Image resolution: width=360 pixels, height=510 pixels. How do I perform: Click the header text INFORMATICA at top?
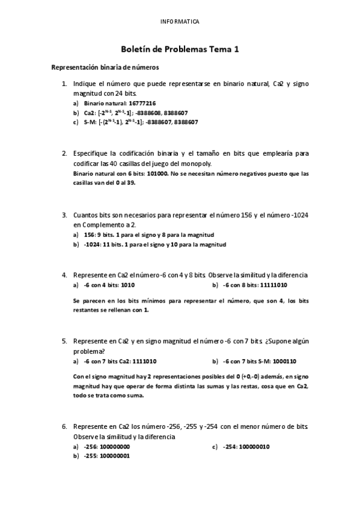[180, 22]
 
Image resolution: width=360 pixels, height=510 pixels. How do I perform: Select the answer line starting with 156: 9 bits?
[149, 235]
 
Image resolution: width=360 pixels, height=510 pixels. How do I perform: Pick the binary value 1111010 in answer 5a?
[144, 361]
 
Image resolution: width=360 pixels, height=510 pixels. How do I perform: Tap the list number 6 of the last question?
[64, 426]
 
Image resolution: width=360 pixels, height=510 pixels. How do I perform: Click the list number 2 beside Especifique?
[64, 153]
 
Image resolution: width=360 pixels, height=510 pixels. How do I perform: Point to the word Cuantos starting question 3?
[85, 215]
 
